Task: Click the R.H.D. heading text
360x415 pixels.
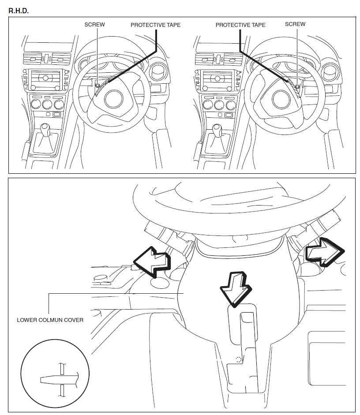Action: pos(19,11)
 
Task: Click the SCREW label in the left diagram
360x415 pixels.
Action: pos(94,25)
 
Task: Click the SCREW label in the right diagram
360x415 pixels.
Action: pos(295,24)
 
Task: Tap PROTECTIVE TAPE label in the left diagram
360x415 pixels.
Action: pos(155,25)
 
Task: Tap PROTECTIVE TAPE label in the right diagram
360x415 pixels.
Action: pos(240,25)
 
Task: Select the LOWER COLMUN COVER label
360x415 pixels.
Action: pos(50,320)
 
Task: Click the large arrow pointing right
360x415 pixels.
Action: pos(324,252)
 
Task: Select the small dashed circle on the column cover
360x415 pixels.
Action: pos(239,359)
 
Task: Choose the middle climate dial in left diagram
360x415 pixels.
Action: pos(46,105)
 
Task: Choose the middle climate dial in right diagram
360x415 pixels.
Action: pos(218,105)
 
